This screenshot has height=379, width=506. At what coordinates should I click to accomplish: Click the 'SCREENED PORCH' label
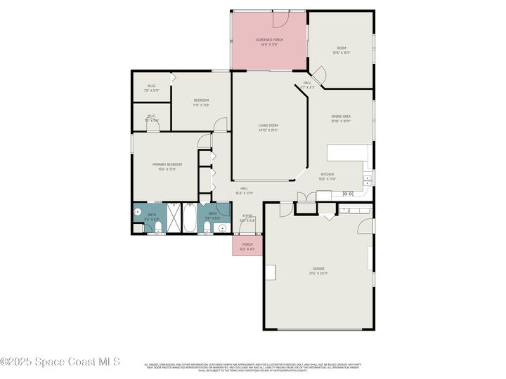click(268, 39)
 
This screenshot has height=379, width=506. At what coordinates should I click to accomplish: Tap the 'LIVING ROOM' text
click(268, 125)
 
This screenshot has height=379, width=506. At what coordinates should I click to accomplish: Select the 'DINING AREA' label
click(342, 116)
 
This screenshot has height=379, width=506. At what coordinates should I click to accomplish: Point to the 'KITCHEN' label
click(327, 174)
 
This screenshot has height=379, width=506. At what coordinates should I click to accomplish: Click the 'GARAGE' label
click(319, 268)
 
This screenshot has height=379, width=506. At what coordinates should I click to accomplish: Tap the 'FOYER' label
click(247, 215)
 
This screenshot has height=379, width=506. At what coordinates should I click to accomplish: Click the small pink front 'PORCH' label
click(247, 244)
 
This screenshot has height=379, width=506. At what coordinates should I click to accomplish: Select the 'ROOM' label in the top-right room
click(342, 48)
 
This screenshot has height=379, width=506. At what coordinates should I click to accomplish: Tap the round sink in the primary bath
click(138, 211)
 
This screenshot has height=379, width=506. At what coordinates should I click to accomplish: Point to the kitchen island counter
click(346, 153)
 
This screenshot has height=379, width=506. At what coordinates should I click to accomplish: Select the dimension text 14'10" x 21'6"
click(268, 130)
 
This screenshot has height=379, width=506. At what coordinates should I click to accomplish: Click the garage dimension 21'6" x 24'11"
click(319, 273)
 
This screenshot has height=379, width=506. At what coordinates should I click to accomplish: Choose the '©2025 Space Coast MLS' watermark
click(60, 362)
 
